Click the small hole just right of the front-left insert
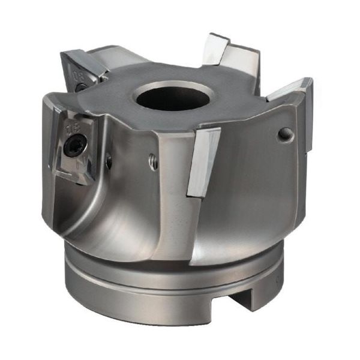pos(108,160)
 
